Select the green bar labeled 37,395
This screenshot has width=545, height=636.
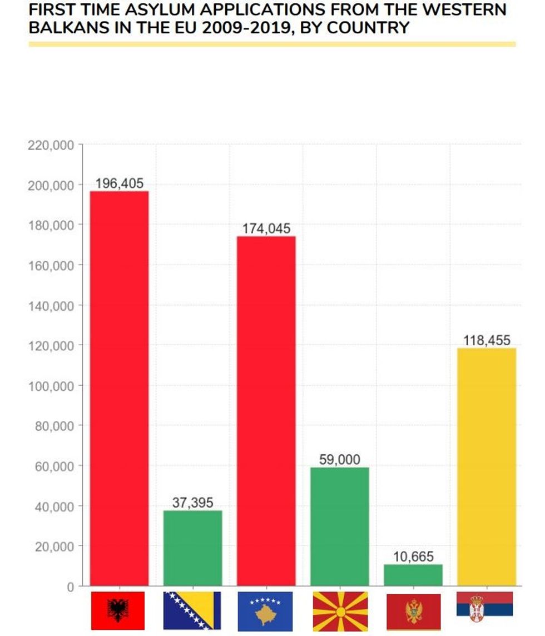pos(192,548)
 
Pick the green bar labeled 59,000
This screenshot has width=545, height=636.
pos(339,526)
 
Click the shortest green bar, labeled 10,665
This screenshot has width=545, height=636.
pos(413,575)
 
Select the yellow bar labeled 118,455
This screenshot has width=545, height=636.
pos(487,466)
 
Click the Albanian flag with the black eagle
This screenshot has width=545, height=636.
pos(118,610)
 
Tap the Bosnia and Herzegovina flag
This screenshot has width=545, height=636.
pos(192,610)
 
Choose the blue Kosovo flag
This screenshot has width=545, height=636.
pos(265,610)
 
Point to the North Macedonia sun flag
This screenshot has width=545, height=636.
pos(339,610)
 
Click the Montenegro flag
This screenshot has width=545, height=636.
pos(413,612)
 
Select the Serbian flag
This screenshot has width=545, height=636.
pos(485,604)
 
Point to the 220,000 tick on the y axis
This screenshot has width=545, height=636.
pos(51,145)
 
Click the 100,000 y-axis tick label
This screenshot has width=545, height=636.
pos(51,386)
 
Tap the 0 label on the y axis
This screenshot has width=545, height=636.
pos(70,587)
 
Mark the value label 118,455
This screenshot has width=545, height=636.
pos(487,340)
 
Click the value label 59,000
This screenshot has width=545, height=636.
pos(339,460)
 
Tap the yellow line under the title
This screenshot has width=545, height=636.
pos(272,44)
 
